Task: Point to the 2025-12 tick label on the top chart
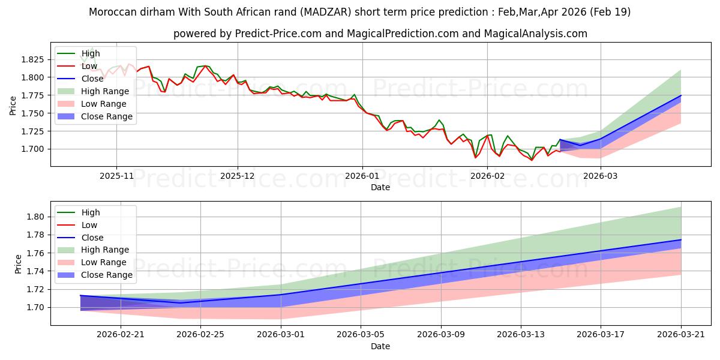238,176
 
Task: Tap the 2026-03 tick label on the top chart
600,176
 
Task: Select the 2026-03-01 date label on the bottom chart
281,335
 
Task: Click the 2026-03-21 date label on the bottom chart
681,335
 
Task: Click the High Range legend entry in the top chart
93,91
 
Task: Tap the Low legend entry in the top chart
77,66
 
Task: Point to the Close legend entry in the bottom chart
80,238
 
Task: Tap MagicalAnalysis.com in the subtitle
535,34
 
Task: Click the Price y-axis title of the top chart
13,106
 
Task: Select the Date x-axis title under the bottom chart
380,347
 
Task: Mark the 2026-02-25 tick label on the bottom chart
200,335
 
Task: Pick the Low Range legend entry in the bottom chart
92,263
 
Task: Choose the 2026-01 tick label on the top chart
362,176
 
